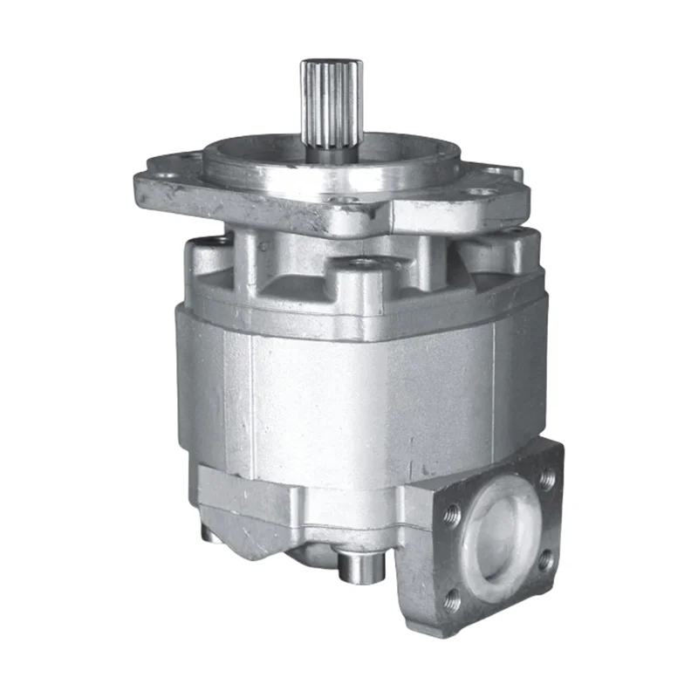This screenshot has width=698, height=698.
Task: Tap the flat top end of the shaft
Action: [331, 63]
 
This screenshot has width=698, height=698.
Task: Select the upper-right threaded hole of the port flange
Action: [547, 478]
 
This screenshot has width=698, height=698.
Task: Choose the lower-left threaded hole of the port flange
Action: [454, 597]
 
